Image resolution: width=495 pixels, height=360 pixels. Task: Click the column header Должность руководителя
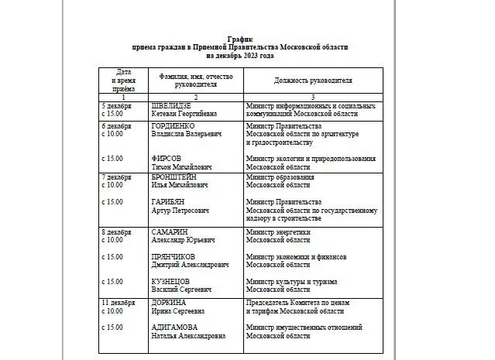coord(312,80)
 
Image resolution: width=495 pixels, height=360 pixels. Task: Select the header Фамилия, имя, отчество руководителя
coord(195,81)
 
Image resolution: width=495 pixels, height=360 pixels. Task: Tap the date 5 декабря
coord(119,105)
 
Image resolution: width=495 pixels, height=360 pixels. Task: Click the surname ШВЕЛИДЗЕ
coord(172,105)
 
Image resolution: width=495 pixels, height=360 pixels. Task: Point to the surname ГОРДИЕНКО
coord(174,125)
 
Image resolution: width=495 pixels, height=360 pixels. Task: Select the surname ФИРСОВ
coord(166,158)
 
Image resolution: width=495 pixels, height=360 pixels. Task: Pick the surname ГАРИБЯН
coord(168,201)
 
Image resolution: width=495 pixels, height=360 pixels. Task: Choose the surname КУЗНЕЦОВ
coord(171,281)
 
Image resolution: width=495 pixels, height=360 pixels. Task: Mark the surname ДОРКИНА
coord(170,302)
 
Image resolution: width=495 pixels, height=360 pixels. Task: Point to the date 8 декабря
coord(119,231)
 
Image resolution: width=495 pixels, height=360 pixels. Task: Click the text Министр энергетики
coord(278,231)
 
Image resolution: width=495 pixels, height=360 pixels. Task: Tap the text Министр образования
coord(280,177)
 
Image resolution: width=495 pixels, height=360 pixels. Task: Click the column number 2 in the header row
coord(195,96)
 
